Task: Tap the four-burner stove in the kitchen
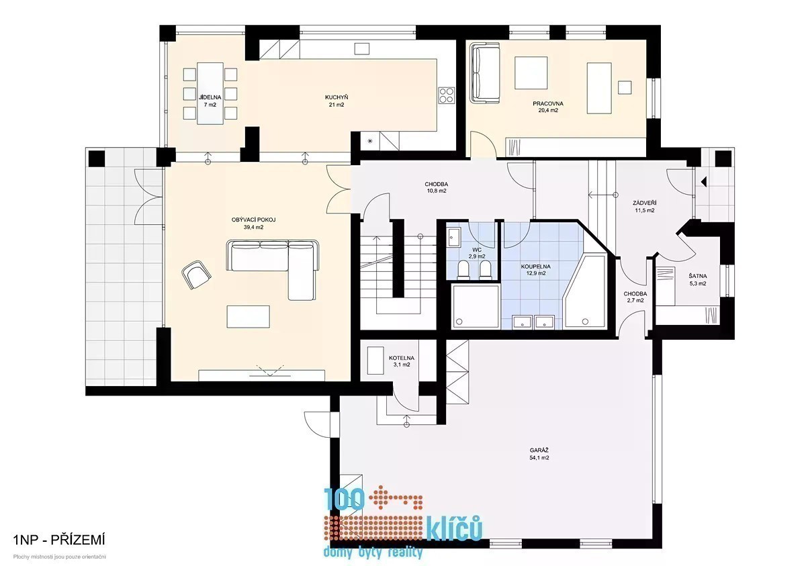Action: click(446, 95)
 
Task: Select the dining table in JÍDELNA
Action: click(210, 93)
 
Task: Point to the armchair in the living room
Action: click(196, 275)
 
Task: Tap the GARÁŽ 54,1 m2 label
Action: click(539, 454)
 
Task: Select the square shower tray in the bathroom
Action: click(476, 306)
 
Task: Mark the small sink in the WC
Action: click(454, 237)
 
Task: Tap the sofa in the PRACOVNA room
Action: click(486, 73)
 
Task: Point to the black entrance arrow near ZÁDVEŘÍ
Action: click(704, 181)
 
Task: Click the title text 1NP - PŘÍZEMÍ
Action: click(59, 540)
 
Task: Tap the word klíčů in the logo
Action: click(455, 528)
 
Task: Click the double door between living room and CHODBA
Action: click(339, 189)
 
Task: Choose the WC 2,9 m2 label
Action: click(477, 253)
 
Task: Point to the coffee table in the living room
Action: click(248, 316)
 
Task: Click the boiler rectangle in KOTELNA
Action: click(375, 361)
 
